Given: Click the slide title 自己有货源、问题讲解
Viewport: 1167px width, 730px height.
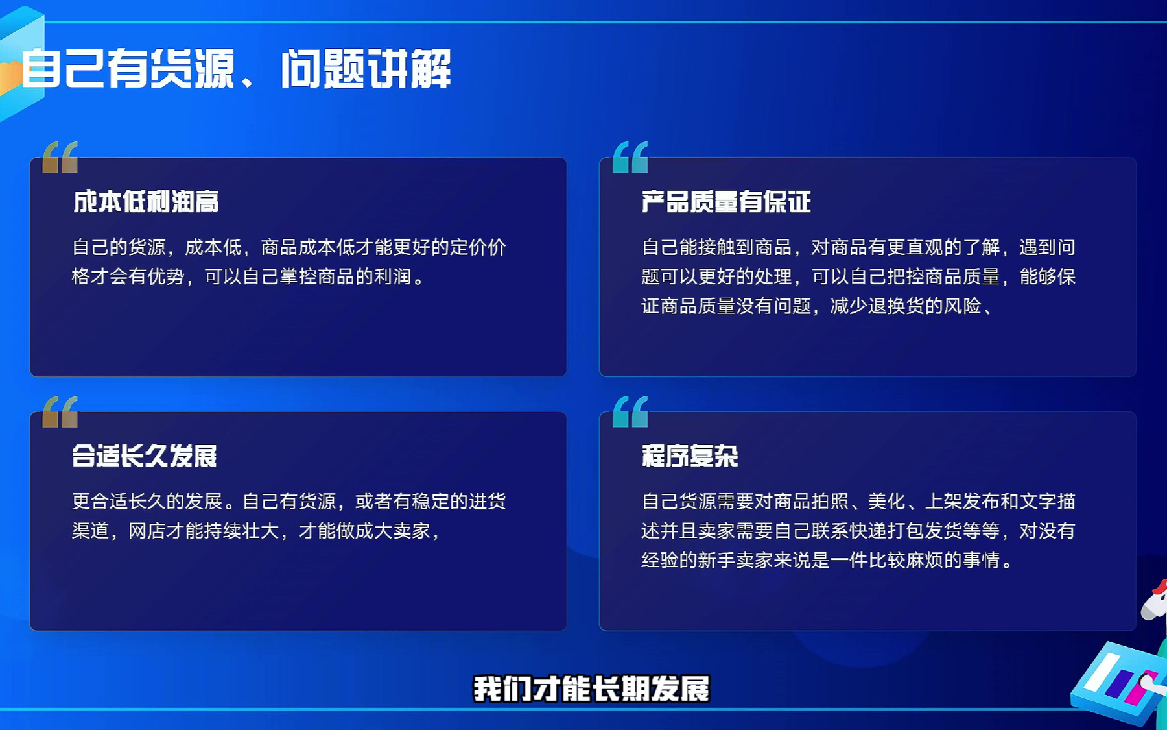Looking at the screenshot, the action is pyautogui.click(x=236, y=68).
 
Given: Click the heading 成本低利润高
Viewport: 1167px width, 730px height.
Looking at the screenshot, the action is pyautogui.click(x=146, y=202).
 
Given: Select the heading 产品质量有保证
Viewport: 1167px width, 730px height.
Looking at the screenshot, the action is pyautogui.click(x=726, y=202).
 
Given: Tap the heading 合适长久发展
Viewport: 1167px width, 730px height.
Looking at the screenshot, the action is pyautogui.click(x=145, y=456).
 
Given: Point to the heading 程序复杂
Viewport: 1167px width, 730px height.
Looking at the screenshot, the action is pyautogui.click(x=690, y=456).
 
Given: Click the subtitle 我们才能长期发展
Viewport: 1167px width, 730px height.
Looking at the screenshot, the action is pyautogui.click(x=591, y=688).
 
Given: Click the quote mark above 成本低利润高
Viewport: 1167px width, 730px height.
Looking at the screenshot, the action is pyautogui.click(x=60, y=157).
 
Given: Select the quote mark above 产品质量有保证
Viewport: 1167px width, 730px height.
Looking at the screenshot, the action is pyautogui.click(x=630, y=157).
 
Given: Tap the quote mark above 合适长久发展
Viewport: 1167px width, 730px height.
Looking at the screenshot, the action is pyautogui.click(x=60, y=411).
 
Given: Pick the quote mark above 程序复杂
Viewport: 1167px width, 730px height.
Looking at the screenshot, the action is pyautogui.click(x=630, y=411).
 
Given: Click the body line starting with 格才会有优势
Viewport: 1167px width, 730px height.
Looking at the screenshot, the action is pyautogui.click(x=248, y=276).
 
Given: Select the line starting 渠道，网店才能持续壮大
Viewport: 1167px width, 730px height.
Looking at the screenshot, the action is pyautogui.click(x=257, y=531).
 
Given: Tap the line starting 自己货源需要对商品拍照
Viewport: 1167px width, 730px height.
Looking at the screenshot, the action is pyautogui.click(x=858, y=501).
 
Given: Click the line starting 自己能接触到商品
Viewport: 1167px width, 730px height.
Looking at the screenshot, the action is pyautogui.click(x=858, y=247).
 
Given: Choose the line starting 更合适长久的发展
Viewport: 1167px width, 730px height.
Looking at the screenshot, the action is pyautogui.click(x=289, y=501).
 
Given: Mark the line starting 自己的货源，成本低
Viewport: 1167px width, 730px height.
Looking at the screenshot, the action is pyautogui.click(x=289, y=247).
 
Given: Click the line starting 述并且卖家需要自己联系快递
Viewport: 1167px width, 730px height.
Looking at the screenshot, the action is pyautogui.click(x=858, y=531).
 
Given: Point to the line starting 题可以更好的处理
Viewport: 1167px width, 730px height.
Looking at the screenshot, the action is pyautogui.click(x=858, y=276).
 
